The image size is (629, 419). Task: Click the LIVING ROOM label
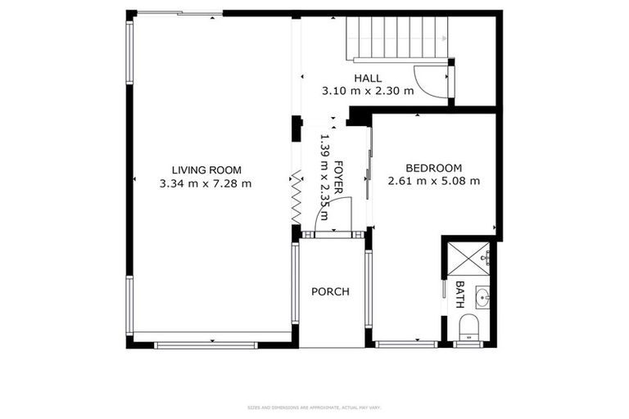click(x=206, y=170)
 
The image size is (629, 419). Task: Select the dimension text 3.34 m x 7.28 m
click(x=206, y=183)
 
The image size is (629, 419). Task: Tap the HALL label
click(x=369, y=79)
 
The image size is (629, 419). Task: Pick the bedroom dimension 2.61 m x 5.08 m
click(x=434, y=181)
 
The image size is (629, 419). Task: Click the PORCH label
click(x=330, y=291)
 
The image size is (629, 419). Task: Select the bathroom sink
click(x=482, y=296)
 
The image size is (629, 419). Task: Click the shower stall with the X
click(x=468, y=259)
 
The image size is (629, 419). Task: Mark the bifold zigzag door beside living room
click(x=296, y=196)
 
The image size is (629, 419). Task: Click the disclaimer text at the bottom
click(x=314, y=407)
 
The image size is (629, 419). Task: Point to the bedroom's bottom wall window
click(x=406, y=344)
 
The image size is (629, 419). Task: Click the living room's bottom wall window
click(x=206, y=345)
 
